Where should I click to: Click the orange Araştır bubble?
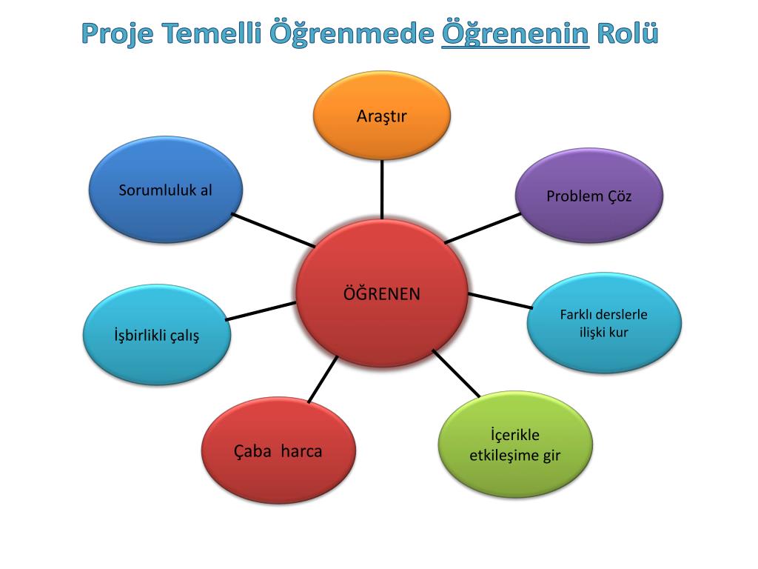tap(382, 116)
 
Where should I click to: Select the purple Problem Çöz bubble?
tap(589, 196)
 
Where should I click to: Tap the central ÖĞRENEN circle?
tap(382, 294)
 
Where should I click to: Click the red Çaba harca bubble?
tap(278, 450)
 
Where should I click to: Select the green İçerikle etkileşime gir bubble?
tap(515, 445)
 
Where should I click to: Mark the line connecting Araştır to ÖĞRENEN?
tap(382, 189)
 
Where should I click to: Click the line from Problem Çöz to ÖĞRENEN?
tap(483, 228)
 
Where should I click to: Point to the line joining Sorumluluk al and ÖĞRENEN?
tap(273, 230)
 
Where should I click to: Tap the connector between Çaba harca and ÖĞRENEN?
tap(323, 379)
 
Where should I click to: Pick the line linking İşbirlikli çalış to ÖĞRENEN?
tap(261, 311)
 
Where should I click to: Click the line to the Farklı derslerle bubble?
tap(500, 301)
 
